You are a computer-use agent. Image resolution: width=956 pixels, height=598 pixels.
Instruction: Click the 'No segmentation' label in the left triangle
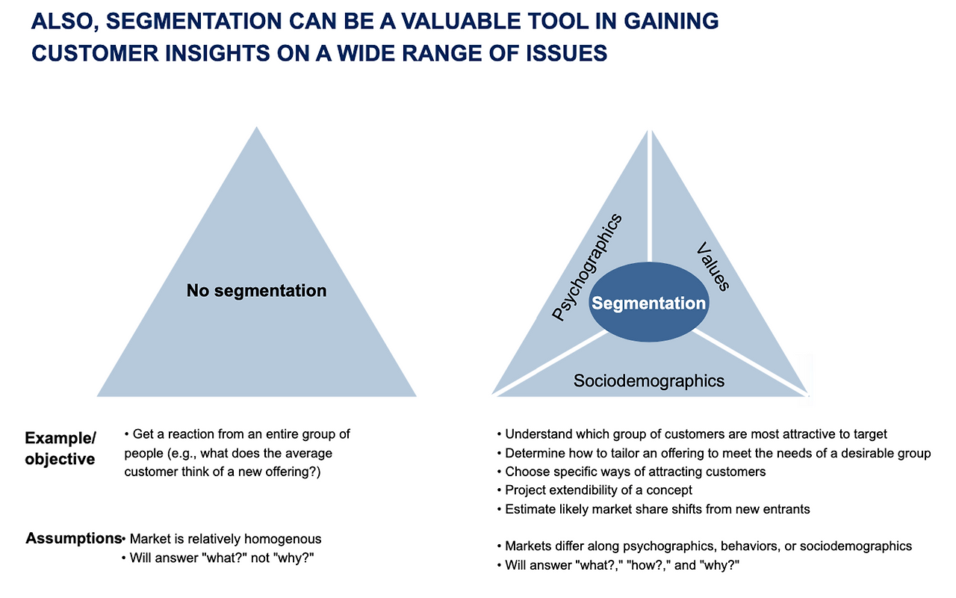click(x=256, y=291)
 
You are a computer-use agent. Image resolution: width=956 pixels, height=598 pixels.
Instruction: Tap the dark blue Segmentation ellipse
click(x=649, y=302)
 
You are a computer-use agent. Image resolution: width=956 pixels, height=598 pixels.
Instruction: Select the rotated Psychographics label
click(x=586, y=267)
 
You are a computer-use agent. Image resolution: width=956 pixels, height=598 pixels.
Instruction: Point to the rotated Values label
click(x=713, y=267)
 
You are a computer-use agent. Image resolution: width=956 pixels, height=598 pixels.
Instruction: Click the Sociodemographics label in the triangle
click(x=649, y=380)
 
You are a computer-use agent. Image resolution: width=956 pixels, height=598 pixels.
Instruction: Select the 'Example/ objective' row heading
click(x=60, y=448)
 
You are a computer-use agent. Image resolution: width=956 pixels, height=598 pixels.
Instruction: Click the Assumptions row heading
click(x=74, y=538)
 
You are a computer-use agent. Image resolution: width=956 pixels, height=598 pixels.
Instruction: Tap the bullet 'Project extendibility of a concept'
click(x=595, y=490)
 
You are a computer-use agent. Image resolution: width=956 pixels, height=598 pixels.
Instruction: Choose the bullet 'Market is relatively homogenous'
click(x=221, y=539)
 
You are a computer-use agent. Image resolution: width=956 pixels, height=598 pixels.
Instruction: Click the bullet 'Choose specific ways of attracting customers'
click(x=631, y=472)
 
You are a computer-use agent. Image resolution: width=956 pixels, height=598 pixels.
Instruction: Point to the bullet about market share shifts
click(x=654, y=509)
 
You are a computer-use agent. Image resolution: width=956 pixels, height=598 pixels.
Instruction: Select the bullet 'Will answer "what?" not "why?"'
click(x=217, y=558)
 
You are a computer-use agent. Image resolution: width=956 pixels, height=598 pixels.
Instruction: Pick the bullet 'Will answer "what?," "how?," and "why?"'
click(x=618, y=565)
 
